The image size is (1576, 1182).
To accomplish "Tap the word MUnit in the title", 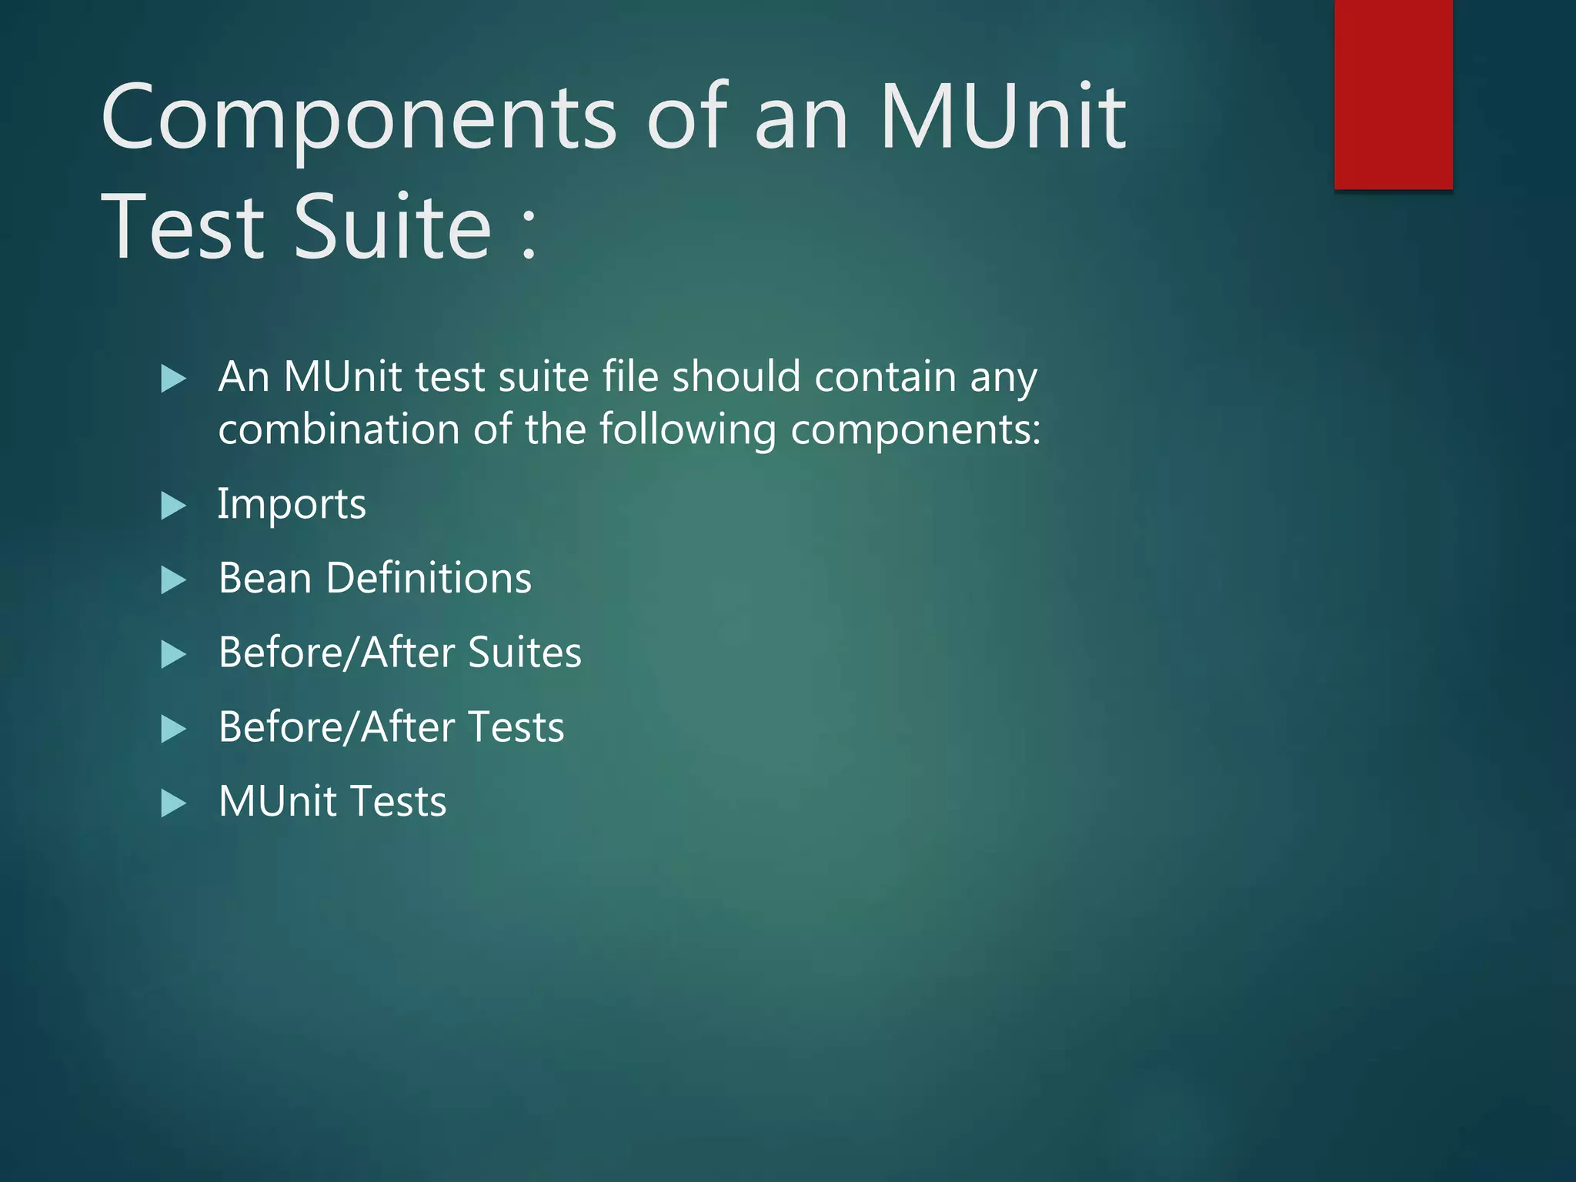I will click(1003, 117).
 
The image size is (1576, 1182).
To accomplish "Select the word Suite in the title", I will click(392, 227).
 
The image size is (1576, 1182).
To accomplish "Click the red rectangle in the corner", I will click(1393, 94).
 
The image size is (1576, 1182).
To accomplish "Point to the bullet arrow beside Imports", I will click(173, 506).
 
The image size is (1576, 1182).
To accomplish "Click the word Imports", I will click(292, 505).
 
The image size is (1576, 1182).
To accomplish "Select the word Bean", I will click(265, 578).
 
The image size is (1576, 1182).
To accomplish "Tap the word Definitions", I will click(429, 578).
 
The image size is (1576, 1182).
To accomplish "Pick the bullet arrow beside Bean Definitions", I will click(173, 580).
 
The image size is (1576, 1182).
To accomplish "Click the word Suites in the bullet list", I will click(524, 653).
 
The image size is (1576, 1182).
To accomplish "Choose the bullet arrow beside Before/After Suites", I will click(173, 655).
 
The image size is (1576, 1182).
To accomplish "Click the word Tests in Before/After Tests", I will click(516, 727).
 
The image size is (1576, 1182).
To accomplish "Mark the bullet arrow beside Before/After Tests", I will click(173, 729).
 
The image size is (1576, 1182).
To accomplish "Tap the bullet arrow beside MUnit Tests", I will click(173, 803).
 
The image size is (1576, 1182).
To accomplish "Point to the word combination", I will click(339, 429).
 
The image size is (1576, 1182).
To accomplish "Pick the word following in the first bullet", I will click(688, 430).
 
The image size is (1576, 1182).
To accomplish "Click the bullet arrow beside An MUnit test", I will click(173, 379).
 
